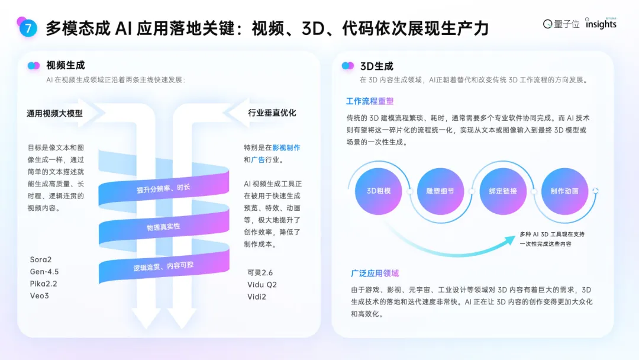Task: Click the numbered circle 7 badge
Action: click(28, 28)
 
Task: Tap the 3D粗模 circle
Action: click(379, 191)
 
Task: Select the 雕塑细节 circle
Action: click(440, 191)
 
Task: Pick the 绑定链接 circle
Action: click(503, 191)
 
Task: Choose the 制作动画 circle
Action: click(564, 191)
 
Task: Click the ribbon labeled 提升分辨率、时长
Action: click(163, 188)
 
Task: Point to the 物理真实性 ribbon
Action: click(163, 227)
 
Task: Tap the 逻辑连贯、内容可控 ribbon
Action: click(163, 266)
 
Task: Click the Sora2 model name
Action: click(41, 260)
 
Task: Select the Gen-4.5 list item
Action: click(44, 272)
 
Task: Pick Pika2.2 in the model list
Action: click(43, 284)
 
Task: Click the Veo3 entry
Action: click(39, 295)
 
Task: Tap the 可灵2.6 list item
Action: click(260, 272)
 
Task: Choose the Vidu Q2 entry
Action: click(262, 285)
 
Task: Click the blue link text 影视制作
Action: click(286, 147)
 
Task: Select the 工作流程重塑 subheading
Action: click(370, 101)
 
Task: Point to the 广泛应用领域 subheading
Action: click(375, 273)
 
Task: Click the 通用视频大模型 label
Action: click(54, 113)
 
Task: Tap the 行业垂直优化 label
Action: click(272, 113)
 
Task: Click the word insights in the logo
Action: click(601, 24)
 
